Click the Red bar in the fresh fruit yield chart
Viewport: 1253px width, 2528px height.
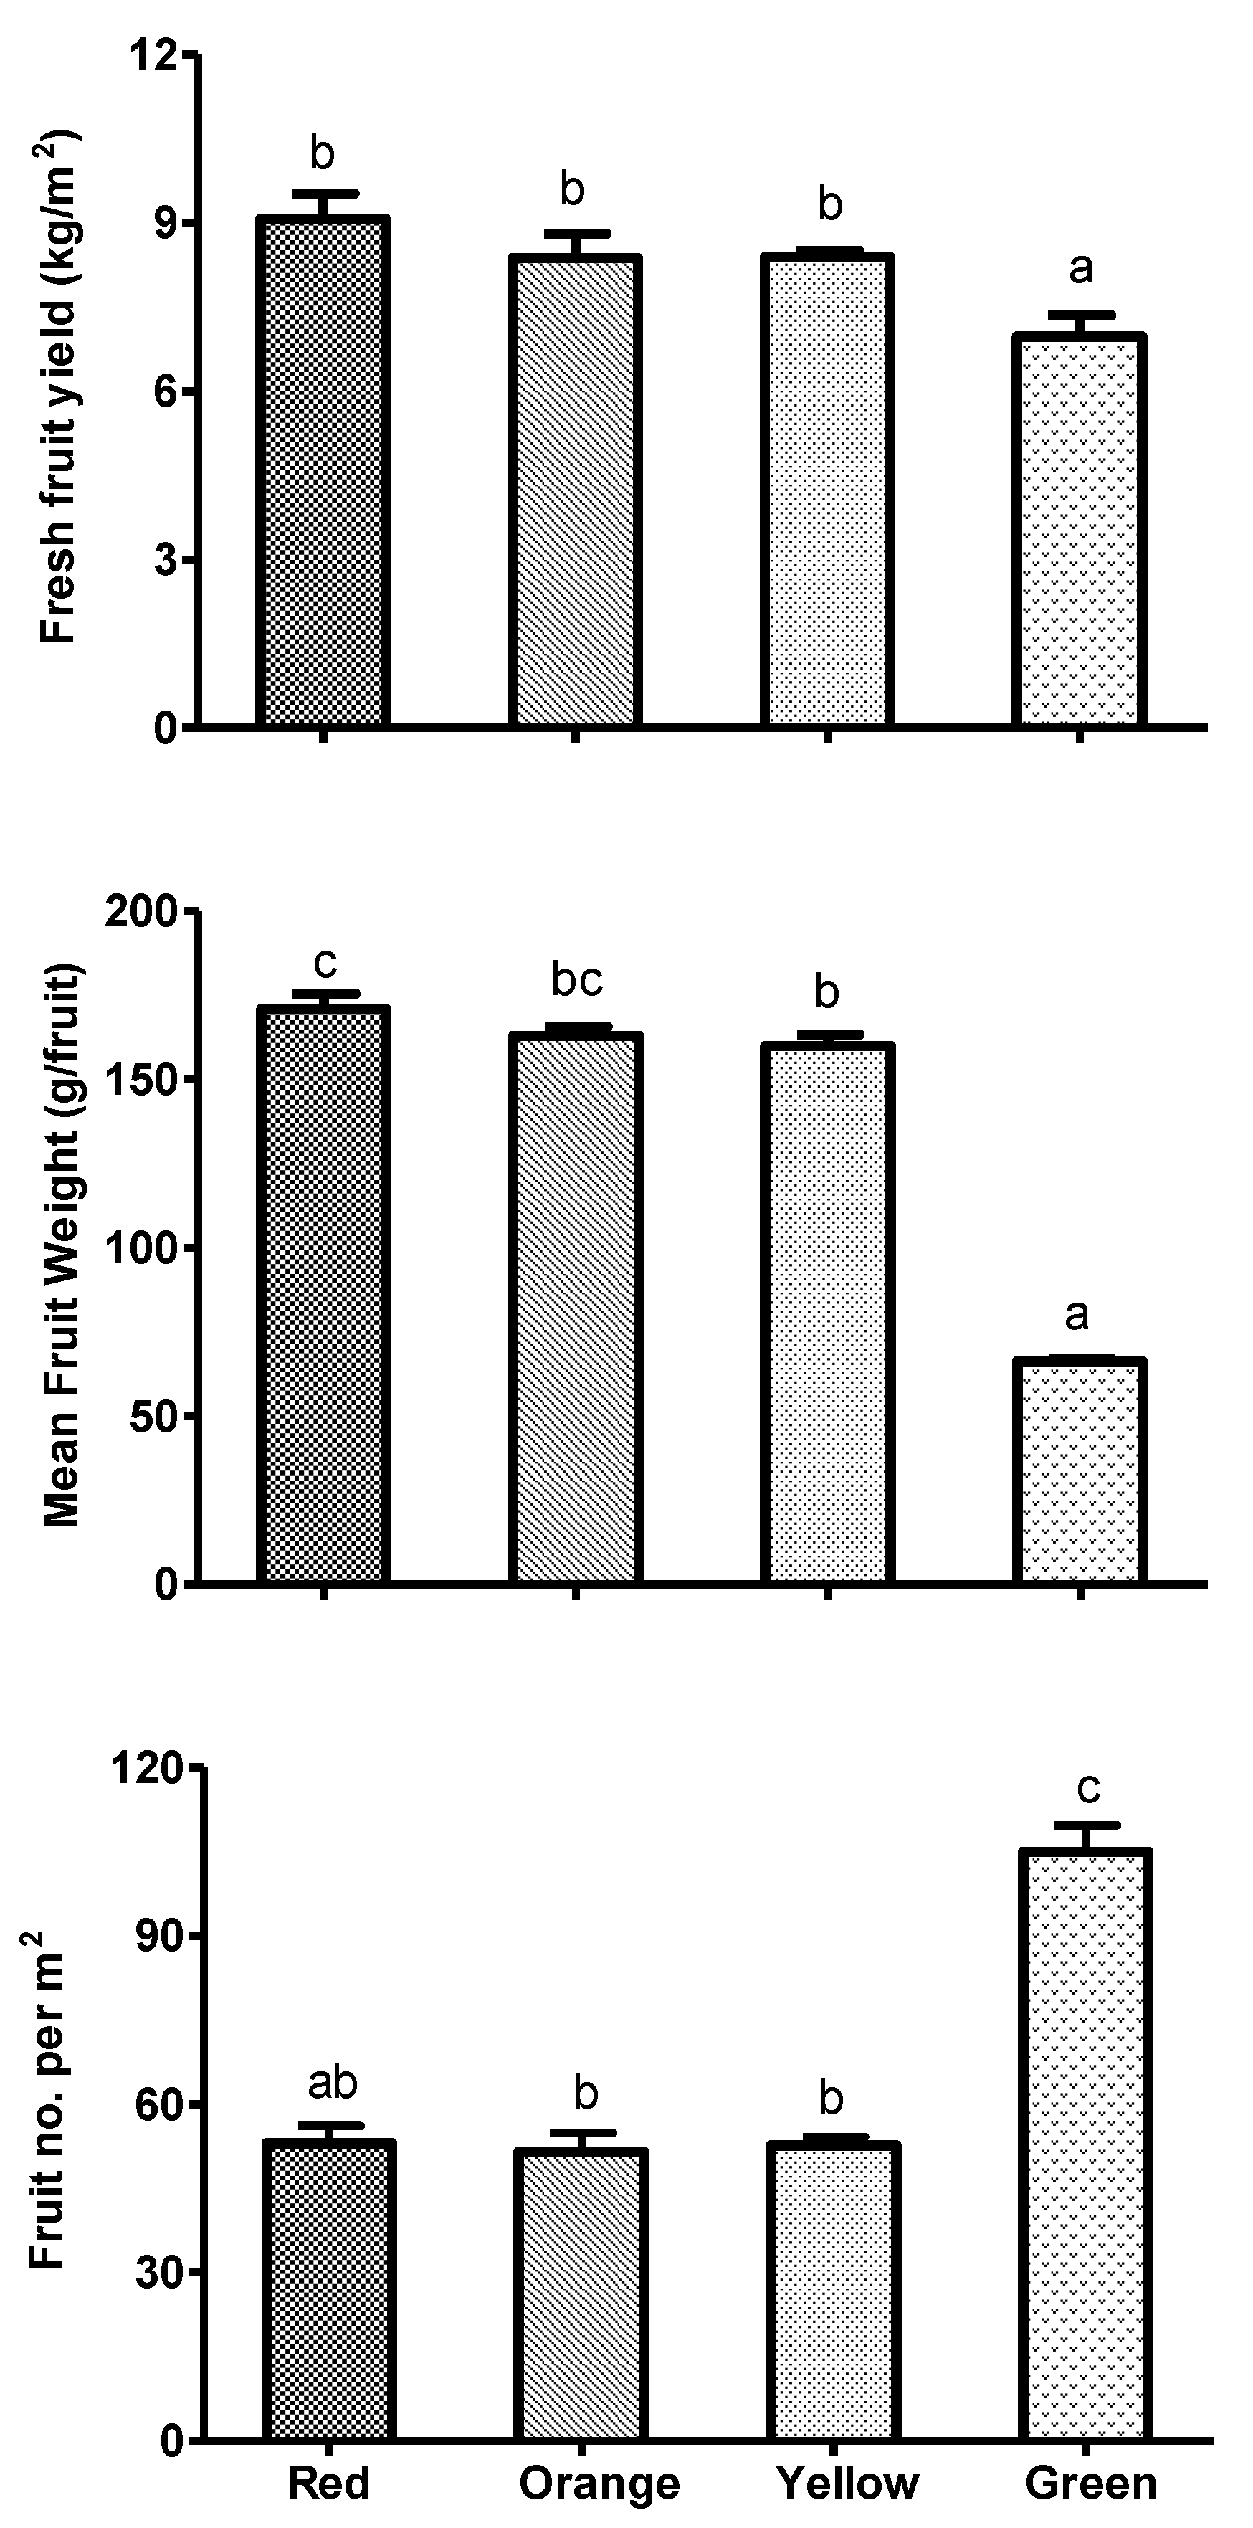(323, 471)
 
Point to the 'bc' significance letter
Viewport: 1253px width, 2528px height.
(576, 979)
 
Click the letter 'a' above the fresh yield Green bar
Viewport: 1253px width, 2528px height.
(1080, 267)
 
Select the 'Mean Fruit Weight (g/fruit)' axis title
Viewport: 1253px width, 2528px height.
(61, 1246)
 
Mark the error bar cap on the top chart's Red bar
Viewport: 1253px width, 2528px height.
(323, 192)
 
